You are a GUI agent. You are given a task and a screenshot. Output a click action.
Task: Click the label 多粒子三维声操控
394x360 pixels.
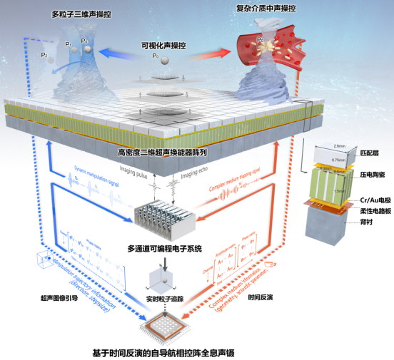pyautogui.click(x=82, y=14)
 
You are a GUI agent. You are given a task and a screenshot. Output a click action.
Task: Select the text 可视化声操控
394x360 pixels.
pyautogui.click(x=166, y=45)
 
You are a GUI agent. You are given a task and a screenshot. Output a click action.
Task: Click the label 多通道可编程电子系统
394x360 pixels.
pyautogui.click(x=166, y=248)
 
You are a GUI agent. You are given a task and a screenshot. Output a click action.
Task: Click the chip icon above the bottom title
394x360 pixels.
pyautogui.click(x=166, y=327)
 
